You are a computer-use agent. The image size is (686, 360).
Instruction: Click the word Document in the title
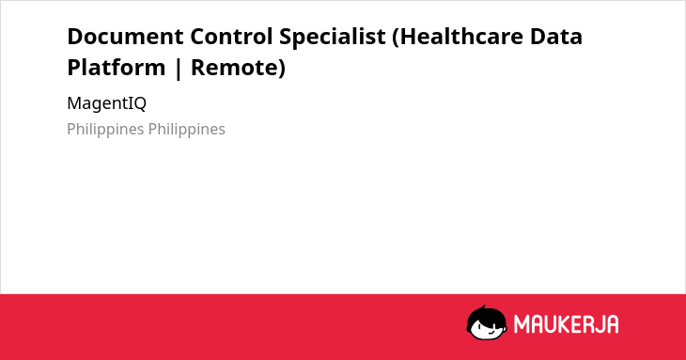point(125,37)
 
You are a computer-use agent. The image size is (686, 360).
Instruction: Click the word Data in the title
point(556,37)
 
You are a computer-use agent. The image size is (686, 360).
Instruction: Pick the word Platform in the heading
point(117,68)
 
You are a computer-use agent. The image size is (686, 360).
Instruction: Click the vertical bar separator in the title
point(178,69)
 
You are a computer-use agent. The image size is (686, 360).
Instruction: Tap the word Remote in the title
point(235,68)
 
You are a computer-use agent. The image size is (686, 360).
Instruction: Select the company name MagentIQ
point(107,104)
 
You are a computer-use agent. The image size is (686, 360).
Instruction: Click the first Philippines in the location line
point(105,130)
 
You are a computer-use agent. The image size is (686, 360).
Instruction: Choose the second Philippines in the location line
point(187,130)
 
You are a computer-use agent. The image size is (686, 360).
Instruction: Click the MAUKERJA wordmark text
point(566,324)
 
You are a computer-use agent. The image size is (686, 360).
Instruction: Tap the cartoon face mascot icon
point(487,322)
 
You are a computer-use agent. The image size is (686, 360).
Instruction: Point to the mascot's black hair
point(486,314)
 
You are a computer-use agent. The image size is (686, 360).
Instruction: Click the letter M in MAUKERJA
point(521,324)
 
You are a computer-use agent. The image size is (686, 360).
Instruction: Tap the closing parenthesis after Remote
point(282,70)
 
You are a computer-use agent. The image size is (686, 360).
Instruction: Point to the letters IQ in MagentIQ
point(137,104)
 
